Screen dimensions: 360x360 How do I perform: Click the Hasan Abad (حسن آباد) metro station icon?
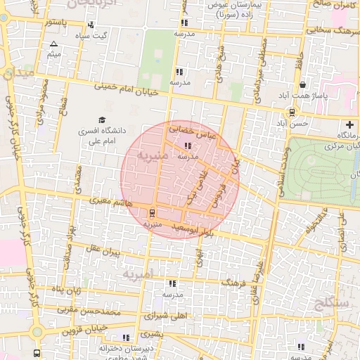click(x=292, y=112)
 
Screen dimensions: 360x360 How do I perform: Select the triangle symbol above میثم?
click(x=54, y=44)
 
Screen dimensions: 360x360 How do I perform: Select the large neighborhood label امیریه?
click(x=136, y=273)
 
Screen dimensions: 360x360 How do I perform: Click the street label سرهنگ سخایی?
click(x=323, y=30)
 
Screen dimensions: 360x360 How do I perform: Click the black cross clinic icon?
click(x=350, y=124)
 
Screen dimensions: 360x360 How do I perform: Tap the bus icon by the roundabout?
click(x=37, y=352)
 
